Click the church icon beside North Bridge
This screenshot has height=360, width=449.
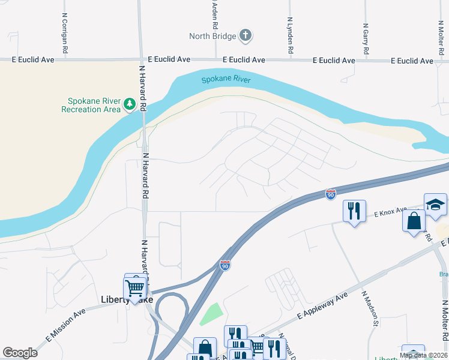[245, 35]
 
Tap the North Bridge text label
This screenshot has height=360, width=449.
[212, 36]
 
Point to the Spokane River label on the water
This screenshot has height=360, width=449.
[226, 80]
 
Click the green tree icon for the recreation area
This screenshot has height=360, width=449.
[129, 105]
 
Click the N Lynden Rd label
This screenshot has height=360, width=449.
[290, 37]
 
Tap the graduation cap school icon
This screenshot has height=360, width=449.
[435, 205]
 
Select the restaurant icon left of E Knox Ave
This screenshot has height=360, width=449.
[354, 211]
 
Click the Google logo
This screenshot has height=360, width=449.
[20, 353]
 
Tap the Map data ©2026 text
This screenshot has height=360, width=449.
[423, 355]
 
